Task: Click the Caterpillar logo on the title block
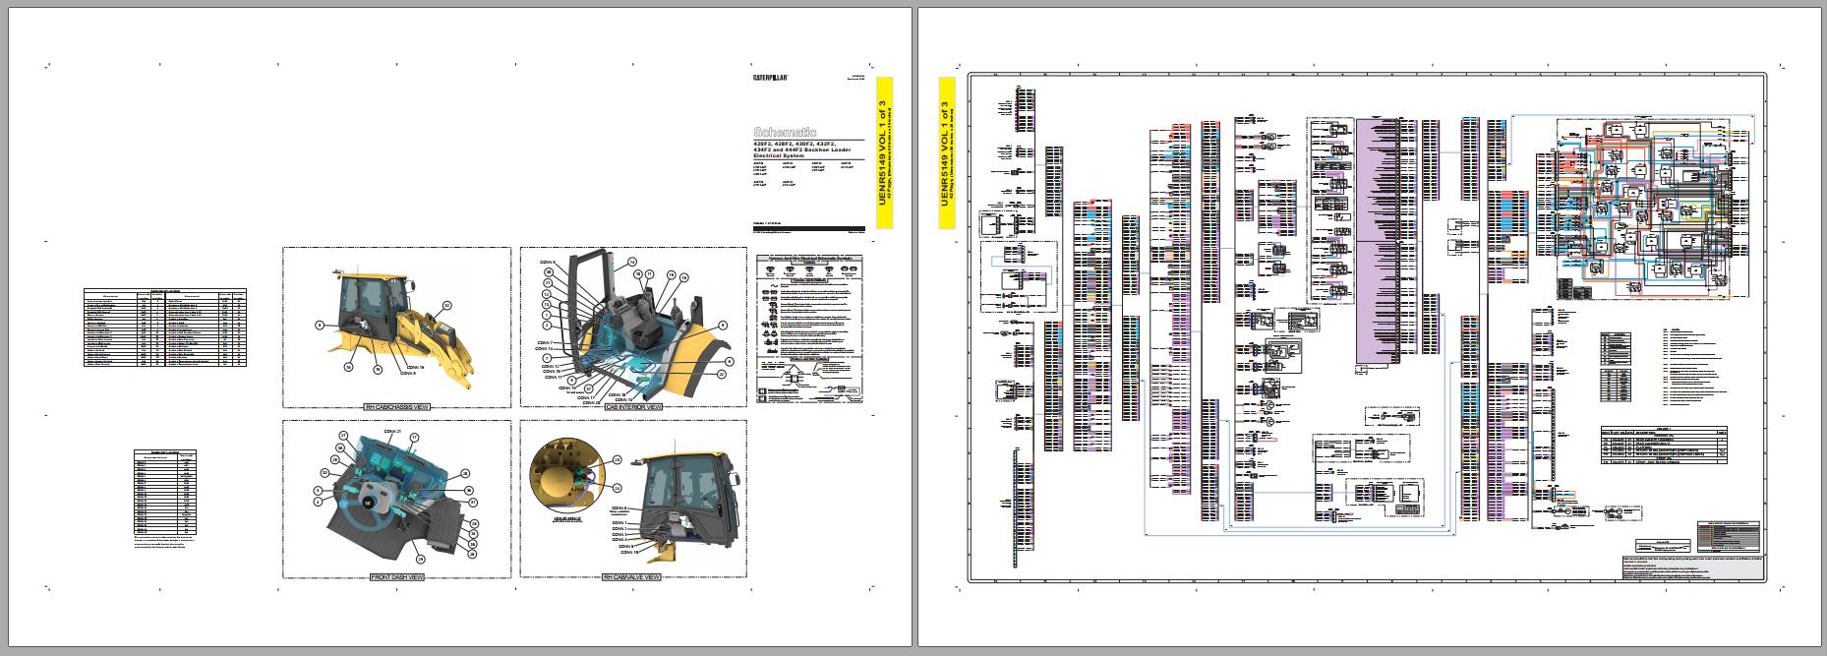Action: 775,77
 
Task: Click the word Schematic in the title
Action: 785,131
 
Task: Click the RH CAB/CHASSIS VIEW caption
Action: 396,407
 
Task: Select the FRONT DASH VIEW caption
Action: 397,577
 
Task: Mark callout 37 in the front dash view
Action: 343,436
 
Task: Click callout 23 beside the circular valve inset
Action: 618,459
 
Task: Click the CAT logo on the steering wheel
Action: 367,503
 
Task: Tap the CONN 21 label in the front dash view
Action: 392,431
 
